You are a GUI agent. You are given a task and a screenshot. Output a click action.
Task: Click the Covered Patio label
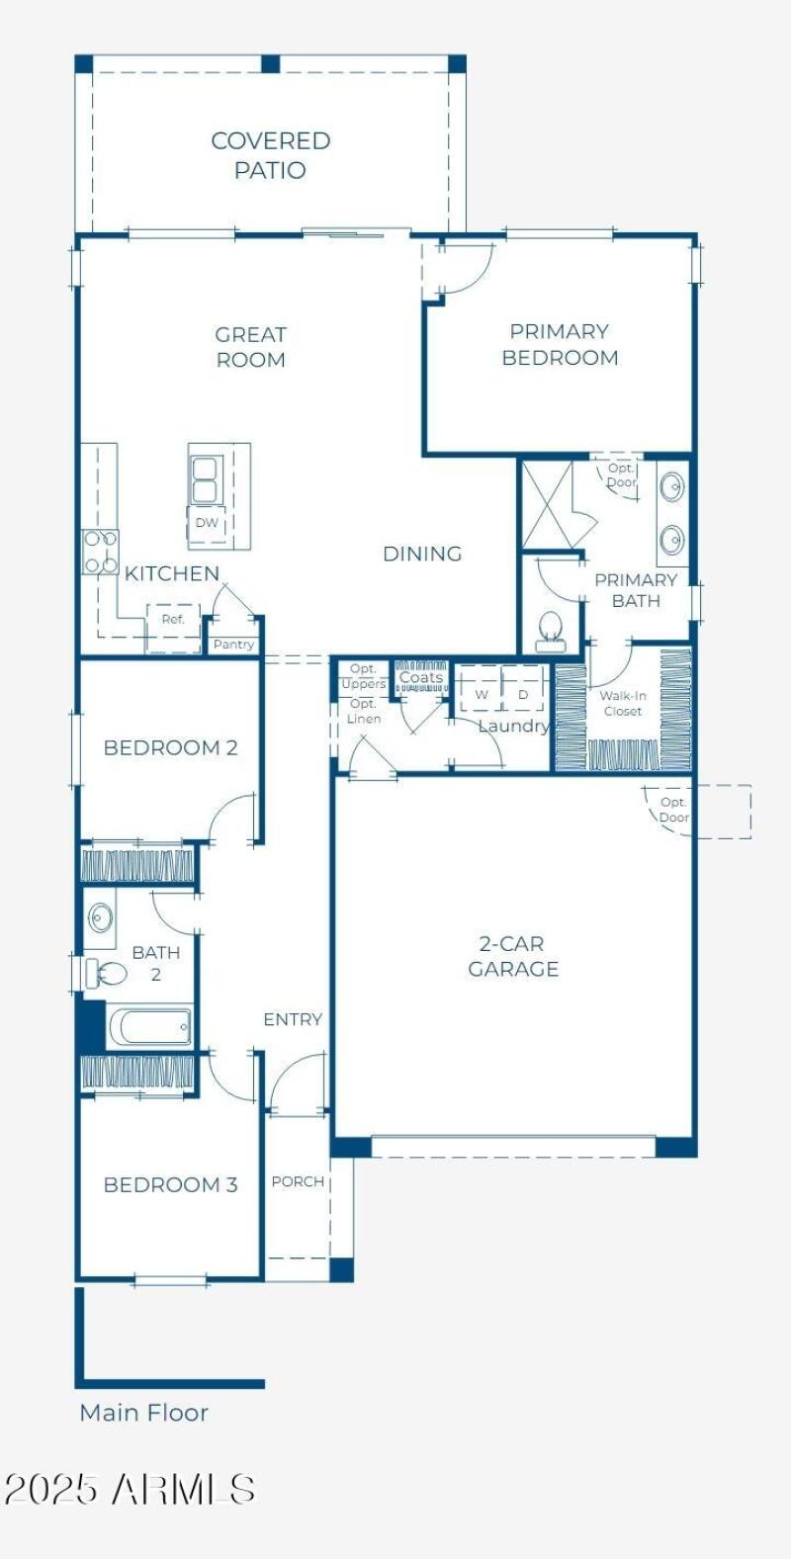click(270, 155)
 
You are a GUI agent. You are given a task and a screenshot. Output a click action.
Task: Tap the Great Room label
click(250, 347)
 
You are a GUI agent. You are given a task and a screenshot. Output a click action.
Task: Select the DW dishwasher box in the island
click(207, 523)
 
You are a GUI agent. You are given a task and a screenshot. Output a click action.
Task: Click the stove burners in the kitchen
click(100, 552)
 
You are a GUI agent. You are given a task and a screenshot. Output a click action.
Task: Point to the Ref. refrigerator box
click(173, 620)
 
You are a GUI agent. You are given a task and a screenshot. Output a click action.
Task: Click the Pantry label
click(233, 645)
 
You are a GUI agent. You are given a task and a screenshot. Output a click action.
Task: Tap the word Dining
click(422, 554)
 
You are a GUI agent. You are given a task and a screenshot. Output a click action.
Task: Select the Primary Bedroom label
click(560, 345)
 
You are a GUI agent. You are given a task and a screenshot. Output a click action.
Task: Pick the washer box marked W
click(482, 694)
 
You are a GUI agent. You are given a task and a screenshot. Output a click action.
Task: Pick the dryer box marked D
click(523, 694)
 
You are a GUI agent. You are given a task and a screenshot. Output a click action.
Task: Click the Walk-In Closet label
click(623, 703)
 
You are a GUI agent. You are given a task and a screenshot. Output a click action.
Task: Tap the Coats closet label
click(421, 678)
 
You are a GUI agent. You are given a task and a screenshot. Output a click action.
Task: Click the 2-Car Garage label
click(513, 956)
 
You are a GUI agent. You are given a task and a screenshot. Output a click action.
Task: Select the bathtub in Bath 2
click(150, 1026)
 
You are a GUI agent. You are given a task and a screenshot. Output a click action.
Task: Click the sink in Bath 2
click(101, 916)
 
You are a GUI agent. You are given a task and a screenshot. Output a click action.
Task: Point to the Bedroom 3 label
click(170, 1184)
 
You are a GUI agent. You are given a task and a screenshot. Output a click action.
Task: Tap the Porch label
click(298, 1181)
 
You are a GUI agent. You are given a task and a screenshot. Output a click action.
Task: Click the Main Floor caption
click(144, 1413)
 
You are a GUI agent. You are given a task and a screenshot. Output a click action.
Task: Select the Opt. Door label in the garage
click(674, 810)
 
